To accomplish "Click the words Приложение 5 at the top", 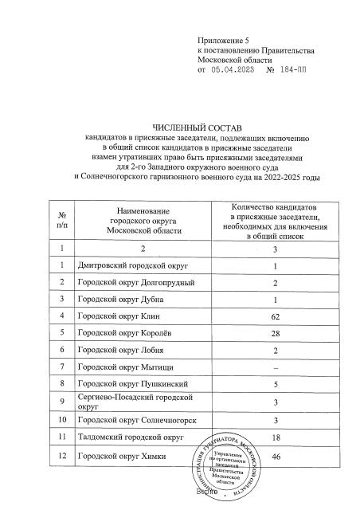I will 222,39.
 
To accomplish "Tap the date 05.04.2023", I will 236,70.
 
